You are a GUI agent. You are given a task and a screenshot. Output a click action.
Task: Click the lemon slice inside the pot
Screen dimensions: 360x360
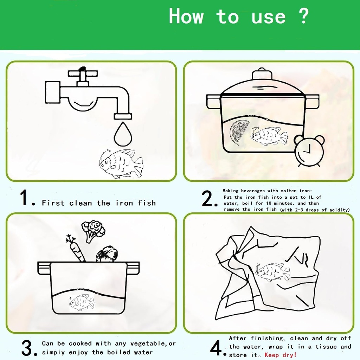pos(239,131)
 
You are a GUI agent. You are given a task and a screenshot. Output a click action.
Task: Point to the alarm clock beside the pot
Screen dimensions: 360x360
pos(309,151)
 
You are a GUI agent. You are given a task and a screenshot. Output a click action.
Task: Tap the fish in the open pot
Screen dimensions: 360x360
pos(82,303)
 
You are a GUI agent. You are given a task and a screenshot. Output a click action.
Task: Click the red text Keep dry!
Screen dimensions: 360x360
pos(281,355)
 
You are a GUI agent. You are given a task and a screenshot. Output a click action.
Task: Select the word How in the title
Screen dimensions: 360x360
pos(186,16)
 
